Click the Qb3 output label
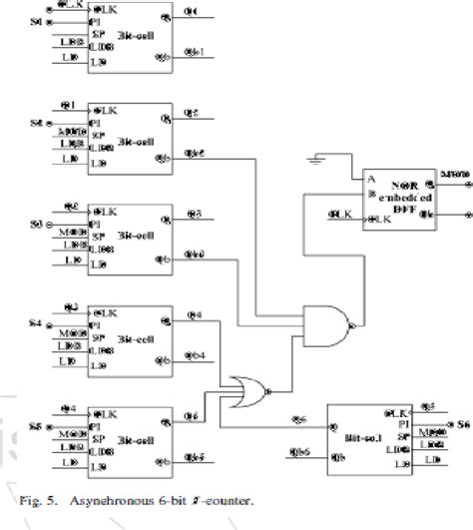198,256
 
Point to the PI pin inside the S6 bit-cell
403,420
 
